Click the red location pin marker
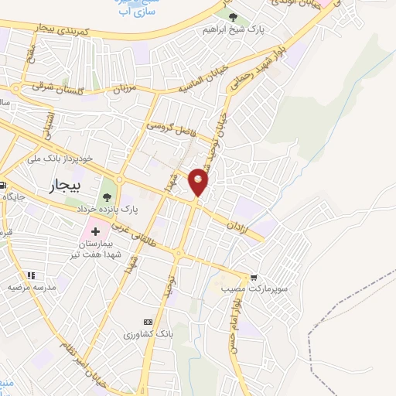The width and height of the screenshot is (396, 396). coord(199,182)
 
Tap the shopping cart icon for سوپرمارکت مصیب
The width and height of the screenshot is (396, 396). coord(254,277)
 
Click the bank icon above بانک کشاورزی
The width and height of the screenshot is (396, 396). coord(148,322)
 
